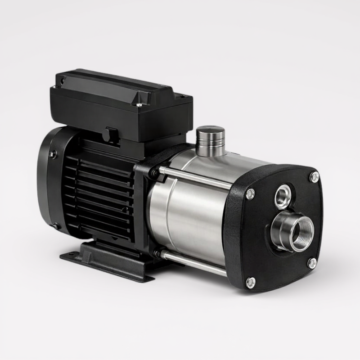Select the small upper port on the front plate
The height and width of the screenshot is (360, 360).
point(283,196)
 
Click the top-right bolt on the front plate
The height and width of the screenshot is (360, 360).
point(315,177)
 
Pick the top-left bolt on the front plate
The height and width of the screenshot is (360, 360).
point(251,194)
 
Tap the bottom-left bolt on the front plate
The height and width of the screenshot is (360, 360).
point(251,282)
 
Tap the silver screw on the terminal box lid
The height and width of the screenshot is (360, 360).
point(139,105)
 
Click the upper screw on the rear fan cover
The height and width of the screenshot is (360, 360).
point(53,154)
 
